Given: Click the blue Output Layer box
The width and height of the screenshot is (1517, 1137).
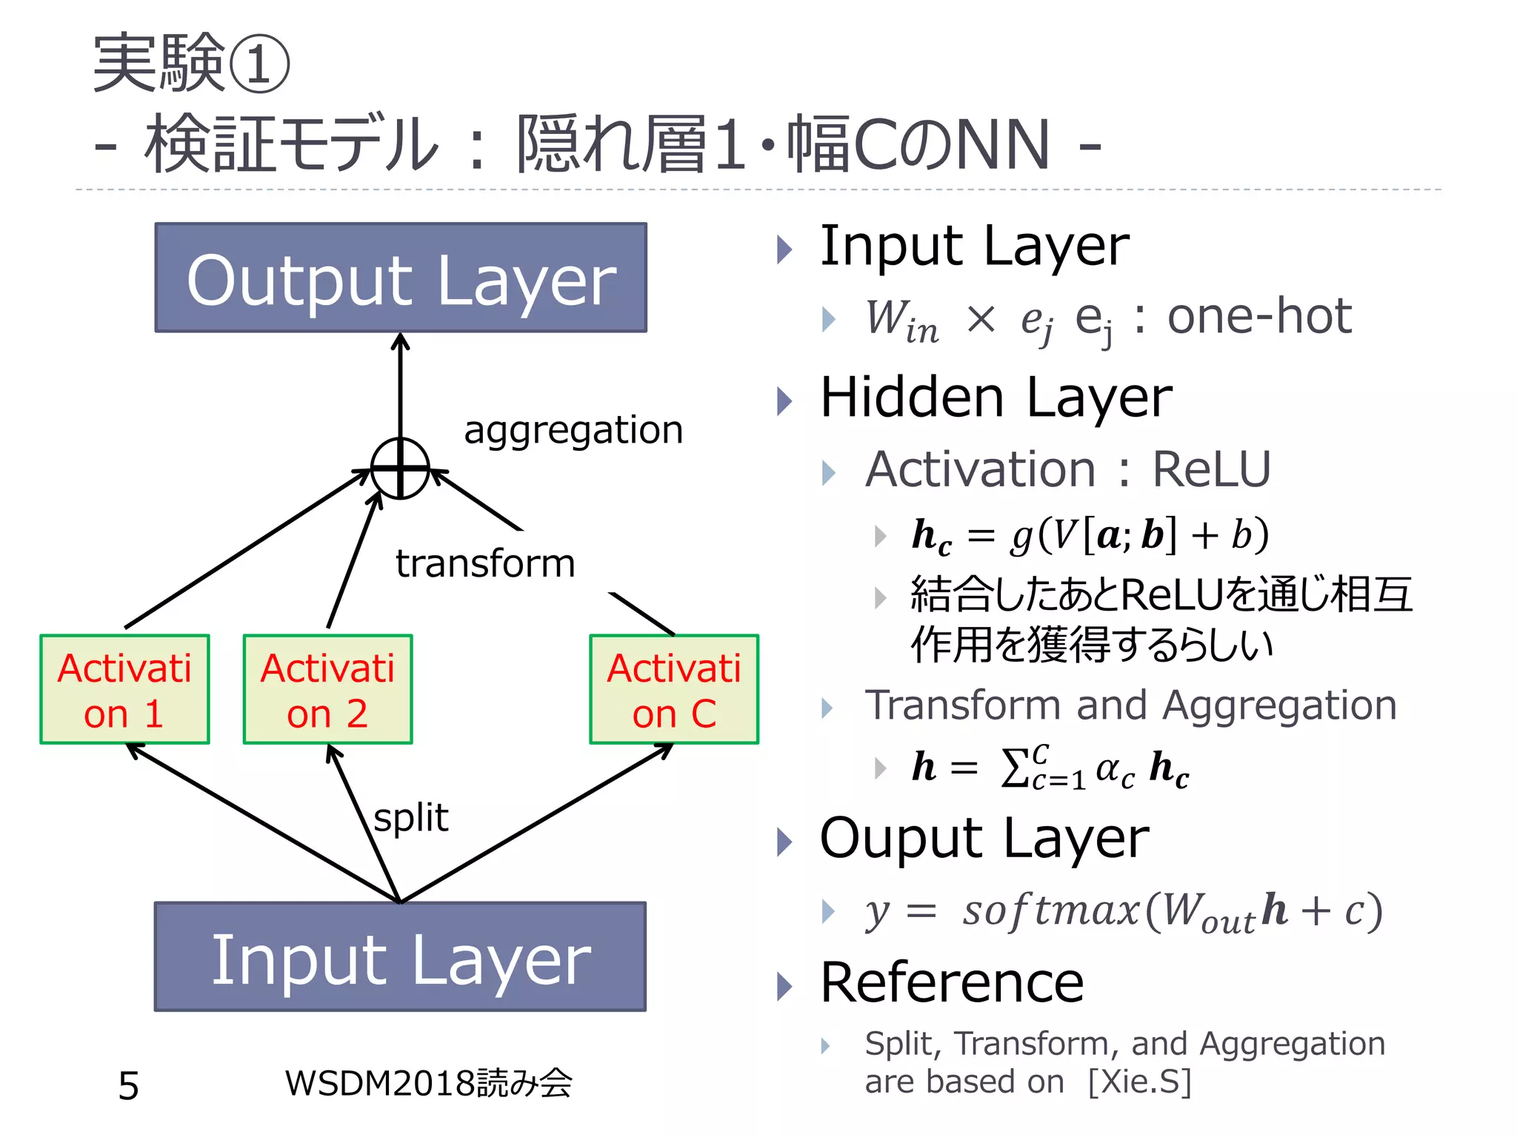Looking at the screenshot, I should click(401, 278).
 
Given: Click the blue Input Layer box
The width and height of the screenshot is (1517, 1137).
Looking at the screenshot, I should click(400, 956).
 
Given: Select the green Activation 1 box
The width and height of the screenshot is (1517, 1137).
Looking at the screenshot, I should click(124, 689).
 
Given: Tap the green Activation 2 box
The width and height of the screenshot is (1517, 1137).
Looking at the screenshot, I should click(327, 689).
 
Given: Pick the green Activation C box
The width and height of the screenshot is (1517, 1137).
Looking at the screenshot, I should click(674, 689).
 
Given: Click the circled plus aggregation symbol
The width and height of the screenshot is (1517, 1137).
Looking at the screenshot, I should click(400, 468).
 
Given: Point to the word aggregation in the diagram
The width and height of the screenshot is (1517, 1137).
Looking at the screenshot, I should click(573, 430).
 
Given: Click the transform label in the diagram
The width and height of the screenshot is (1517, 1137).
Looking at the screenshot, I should click(485, 563).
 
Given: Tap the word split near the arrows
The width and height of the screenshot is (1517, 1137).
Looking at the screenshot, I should click(411, 818).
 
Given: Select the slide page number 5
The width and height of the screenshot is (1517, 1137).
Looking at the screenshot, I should click(129, 1086).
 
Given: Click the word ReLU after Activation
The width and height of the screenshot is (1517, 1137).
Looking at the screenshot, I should click(1211, 469).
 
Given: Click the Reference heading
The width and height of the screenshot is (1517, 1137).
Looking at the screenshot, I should click(952, 983).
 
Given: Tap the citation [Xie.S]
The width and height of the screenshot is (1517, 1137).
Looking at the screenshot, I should click(1139, 1081).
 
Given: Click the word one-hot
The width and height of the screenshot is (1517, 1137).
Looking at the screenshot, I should click(1259, 317).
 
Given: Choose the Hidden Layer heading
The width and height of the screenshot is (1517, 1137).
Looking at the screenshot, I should click(996, 398).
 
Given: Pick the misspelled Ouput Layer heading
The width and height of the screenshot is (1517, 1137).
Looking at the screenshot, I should click(984, 839).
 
